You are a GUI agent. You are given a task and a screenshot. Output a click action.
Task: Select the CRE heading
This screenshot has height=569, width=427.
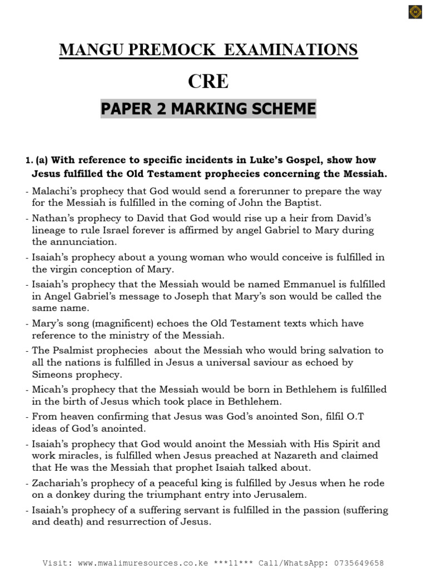(x=208, y=81)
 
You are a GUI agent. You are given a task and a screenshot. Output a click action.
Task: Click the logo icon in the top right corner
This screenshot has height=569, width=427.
(x=415, y=12)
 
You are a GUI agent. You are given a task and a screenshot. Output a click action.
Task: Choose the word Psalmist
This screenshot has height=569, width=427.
(x=73, y=350)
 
